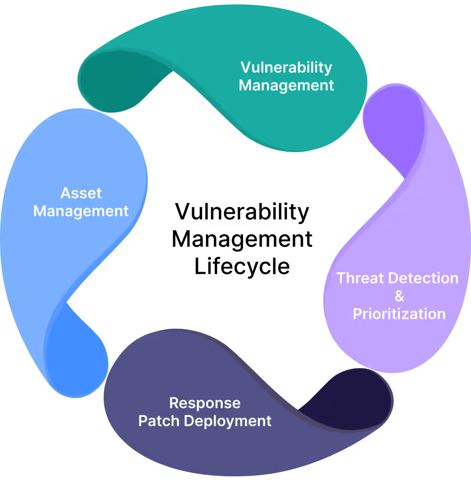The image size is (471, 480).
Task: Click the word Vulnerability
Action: (x=286, y=68)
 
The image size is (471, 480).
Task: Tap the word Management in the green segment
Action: (x=286, y=86)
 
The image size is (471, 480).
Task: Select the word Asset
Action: (x=81, y=193)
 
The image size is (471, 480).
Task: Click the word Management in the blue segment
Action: (x=81, y=211)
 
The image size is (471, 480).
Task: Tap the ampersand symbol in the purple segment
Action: (x=399, y=296)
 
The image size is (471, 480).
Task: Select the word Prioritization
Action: (x=399, y=314)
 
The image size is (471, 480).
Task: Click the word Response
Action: (x=205, y=403)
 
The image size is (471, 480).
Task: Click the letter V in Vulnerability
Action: (x=245, y=68)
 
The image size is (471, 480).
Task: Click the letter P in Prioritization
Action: (x=357, y=314)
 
